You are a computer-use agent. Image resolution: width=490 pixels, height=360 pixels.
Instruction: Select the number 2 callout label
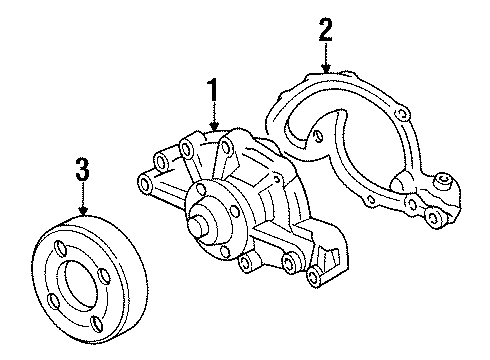point(324,30)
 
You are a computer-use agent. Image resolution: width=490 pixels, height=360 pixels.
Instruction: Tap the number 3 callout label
point(83,170)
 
